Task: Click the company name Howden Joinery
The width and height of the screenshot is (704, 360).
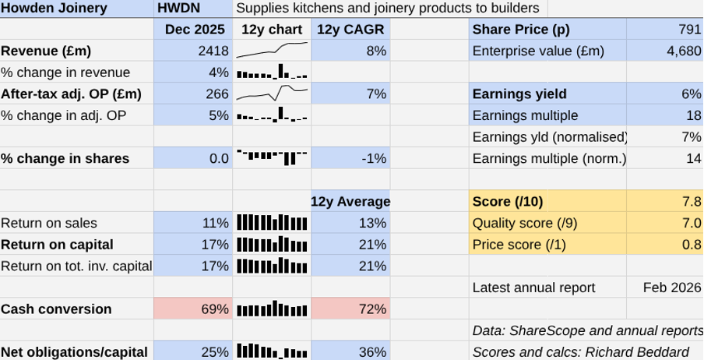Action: pyautogui.click(x=55, y=9)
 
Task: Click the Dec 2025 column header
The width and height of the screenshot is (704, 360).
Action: pyautogui.click(x=194, y=30)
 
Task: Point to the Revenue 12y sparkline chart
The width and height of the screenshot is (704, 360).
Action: pyautogui.click(x=272, y=51)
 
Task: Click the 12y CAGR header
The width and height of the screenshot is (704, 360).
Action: pyautogui.click(x=350, y=30)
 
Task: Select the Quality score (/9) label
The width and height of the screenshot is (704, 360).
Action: pyautogui.click(x=526, y=223)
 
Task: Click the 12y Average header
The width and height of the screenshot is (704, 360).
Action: pyautogui.click(x=350, y=201)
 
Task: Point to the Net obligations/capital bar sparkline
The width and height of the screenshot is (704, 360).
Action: pyautogui.click(x=272, y=351)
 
